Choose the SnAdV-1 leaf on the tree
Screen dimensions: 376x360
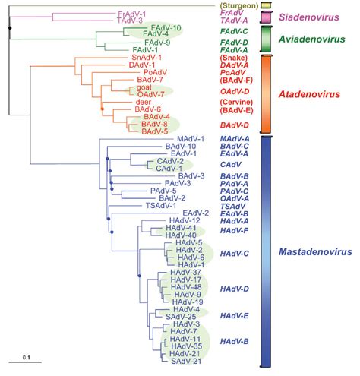(145, 58)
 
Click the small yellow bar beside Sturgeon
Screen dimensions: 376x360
(266, 5)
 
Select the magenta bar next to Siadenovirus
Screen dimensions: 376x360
(266, 17)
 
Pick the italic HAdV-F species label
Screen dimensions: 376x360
(231, 230)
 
